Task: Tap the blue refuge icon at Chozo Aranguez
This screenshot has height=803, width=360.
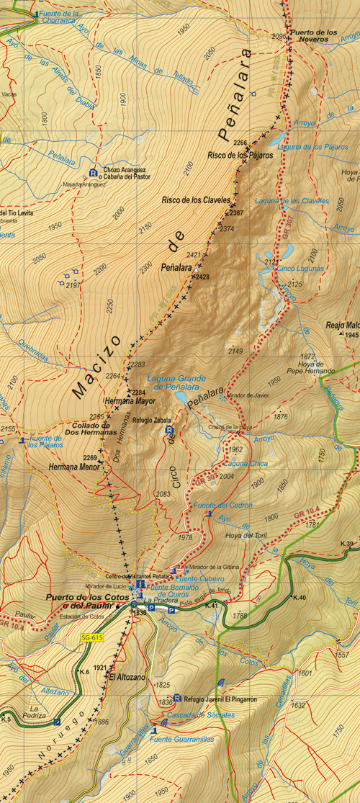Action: [x=93, y=172]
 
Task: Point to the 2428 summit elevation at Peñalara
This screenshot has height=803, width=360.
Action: [x=202, y=277]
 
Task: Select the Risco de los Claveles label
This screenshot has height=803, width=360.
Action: [x=196, y=200]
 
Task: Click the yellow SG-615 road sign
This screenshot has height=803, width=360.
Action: [x=90, y=638]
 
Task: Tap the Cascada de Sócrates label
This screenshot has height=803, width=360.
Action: [x=202, y=715]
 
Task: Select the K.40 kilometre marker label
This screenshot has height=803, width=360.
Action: [x=300, y=598]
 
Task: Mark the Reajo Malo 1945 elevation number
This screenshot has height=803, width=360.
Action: [x=351, y=336]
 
